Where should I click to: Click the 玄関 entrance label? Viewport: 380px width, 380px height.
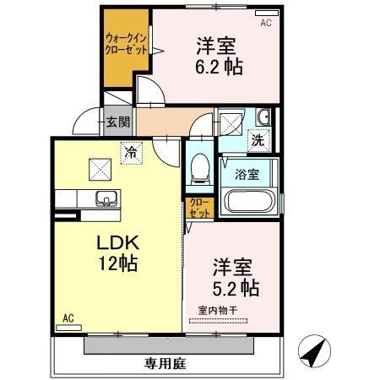(x=117, y=122)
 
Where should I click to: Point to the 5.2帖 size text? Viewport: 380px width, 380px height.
(x=236, y=287)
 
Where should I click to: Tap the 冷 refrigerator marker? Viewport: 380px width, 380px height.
(x=131, y=153)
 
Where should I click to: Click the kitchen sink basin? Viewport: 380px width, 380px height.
(x=106, y=199)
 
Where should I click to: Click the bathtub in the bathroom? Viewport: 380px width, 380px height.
(x=250, y=202)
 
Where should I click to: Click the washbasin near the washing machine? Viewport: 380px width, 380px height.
(x=263, y=117)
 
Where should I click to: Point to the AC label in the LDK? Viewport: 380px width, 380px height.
(x=69, y=319)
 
